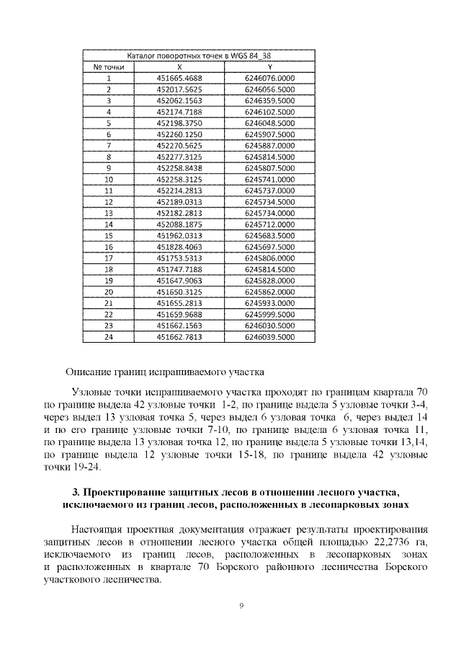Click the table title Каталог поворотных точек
click(x=199, y=56)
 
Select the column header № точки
click(x=109, y=67)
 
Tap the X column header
click(x=179, y=67)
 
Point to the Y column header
click(x=269, y=67)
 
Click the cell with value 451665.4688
click(x=179, y=78)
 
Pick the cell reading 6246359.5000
click(x=269, y=100)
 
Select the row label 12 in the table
click(x=109, y=202)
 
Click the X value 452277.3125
click(x=179, y=157)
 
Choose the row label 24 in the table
click(x=109, y=337)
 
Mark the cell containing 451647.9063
click(x=179, y=281)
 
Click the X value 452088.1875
click(x=179, y=224)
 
